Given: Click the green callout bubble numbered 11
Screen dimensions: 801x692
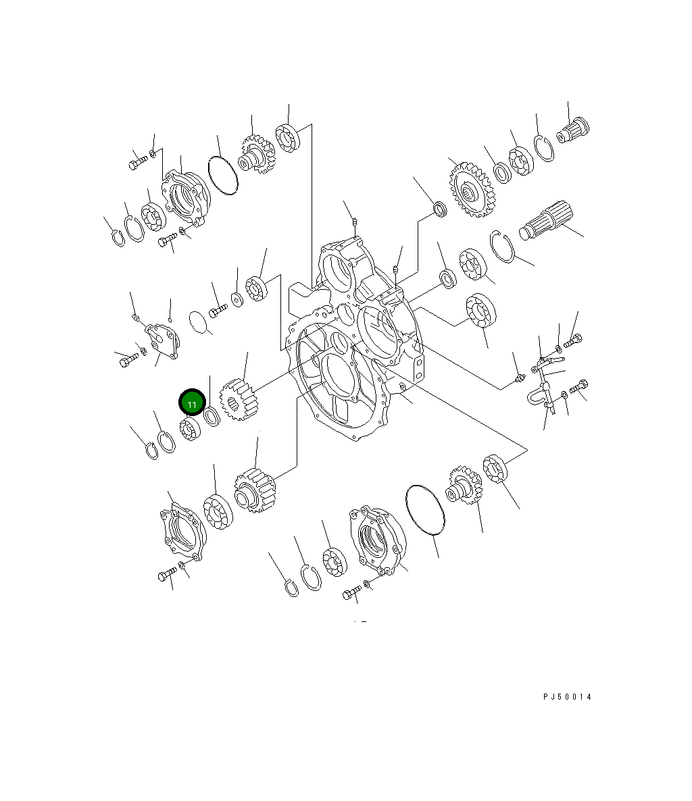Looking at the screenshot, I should (x=192, y=404).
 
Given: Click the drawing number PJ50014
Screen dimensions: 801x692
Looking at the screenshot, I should (x=566, y=696).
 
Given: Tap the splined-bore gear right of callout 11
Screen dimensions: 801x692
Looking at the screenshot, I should (x=240, y=401).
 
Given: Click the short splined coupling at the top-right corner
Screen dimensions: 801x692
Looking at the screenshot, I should (x=573, y=130).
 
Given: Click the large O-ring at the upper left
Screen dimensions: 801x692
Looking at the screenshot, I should (x=222, y=176).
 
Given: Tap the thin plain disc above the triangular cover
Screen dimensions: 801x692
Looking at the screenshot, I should (x=197, y=322).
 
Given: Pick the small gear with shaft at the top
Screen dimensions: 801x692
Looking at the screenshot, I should (x=257, y=154).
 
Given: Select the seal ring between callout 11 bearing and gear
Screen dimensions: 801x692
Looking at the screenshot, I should (x=212, y=417).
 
